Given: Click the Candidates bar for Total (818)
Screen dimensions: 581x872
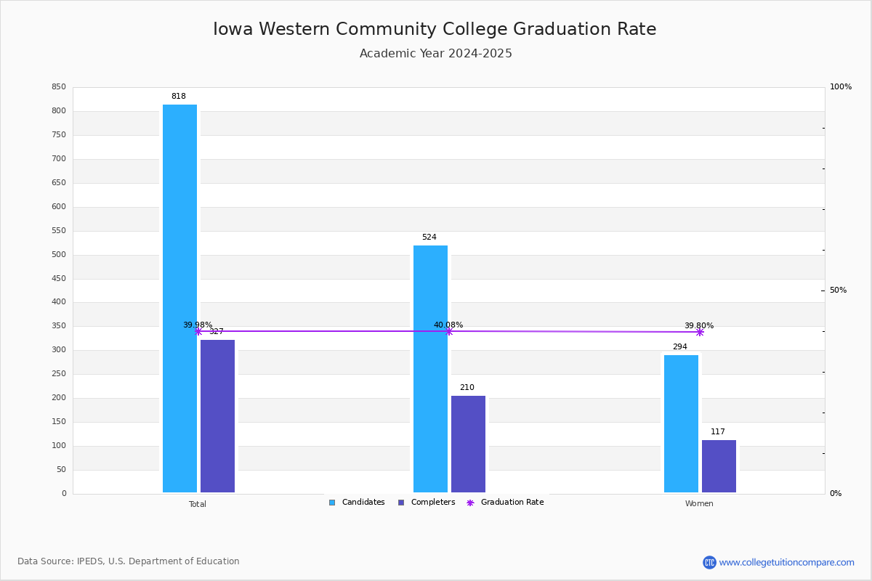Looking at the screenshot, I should click(179, 298).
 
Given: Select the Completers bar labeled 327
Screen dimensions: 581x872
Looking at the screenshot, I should click(217, 416).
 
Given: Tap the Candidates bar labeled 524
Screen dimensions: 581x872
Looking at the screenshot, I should click(430, 369).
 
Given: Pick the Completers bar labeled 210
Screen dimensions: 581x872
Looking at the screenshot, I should click(468, 444).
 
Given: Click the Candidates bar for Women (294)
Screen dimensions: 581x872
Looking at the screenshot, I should click(681, 424).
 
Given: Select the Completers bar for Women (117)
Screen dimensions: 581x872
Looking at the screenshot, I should click(719, 466).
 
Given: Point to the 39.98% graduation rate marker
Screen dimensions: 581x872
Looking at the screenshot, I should click(198, 331).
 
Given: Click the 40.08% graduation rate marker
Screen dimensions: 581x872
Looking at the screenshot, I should click(448, 331).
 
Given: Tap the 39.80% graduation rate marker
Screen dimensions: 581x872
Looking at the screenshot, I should click(700, 332).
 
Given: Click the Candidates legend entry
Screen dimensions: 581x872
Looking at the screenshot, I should click(357, 503).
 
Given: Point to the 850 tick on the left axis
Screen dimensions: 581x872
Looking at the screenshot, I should click(59, 87).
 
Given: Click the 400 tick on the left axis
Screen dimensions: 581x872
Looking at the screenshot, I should click(59, 302).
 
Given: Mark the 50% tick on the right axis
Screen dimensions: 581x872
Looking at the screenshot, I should click(838, 290).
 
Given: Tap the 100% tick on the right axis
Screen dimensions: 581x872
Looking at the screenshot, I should click(840, 87).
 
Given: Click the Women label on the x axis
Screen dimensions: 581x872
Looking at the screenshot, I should click(699, 504).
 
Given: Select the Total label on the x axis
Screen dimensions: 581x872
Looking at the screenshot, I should click(198, 504).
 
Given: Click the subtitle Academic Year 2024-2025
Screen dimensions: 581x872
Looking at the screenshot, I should click(436, 54).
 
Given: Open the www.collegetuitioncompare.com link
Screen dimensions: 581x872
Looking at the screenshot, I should click(786, 562).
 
